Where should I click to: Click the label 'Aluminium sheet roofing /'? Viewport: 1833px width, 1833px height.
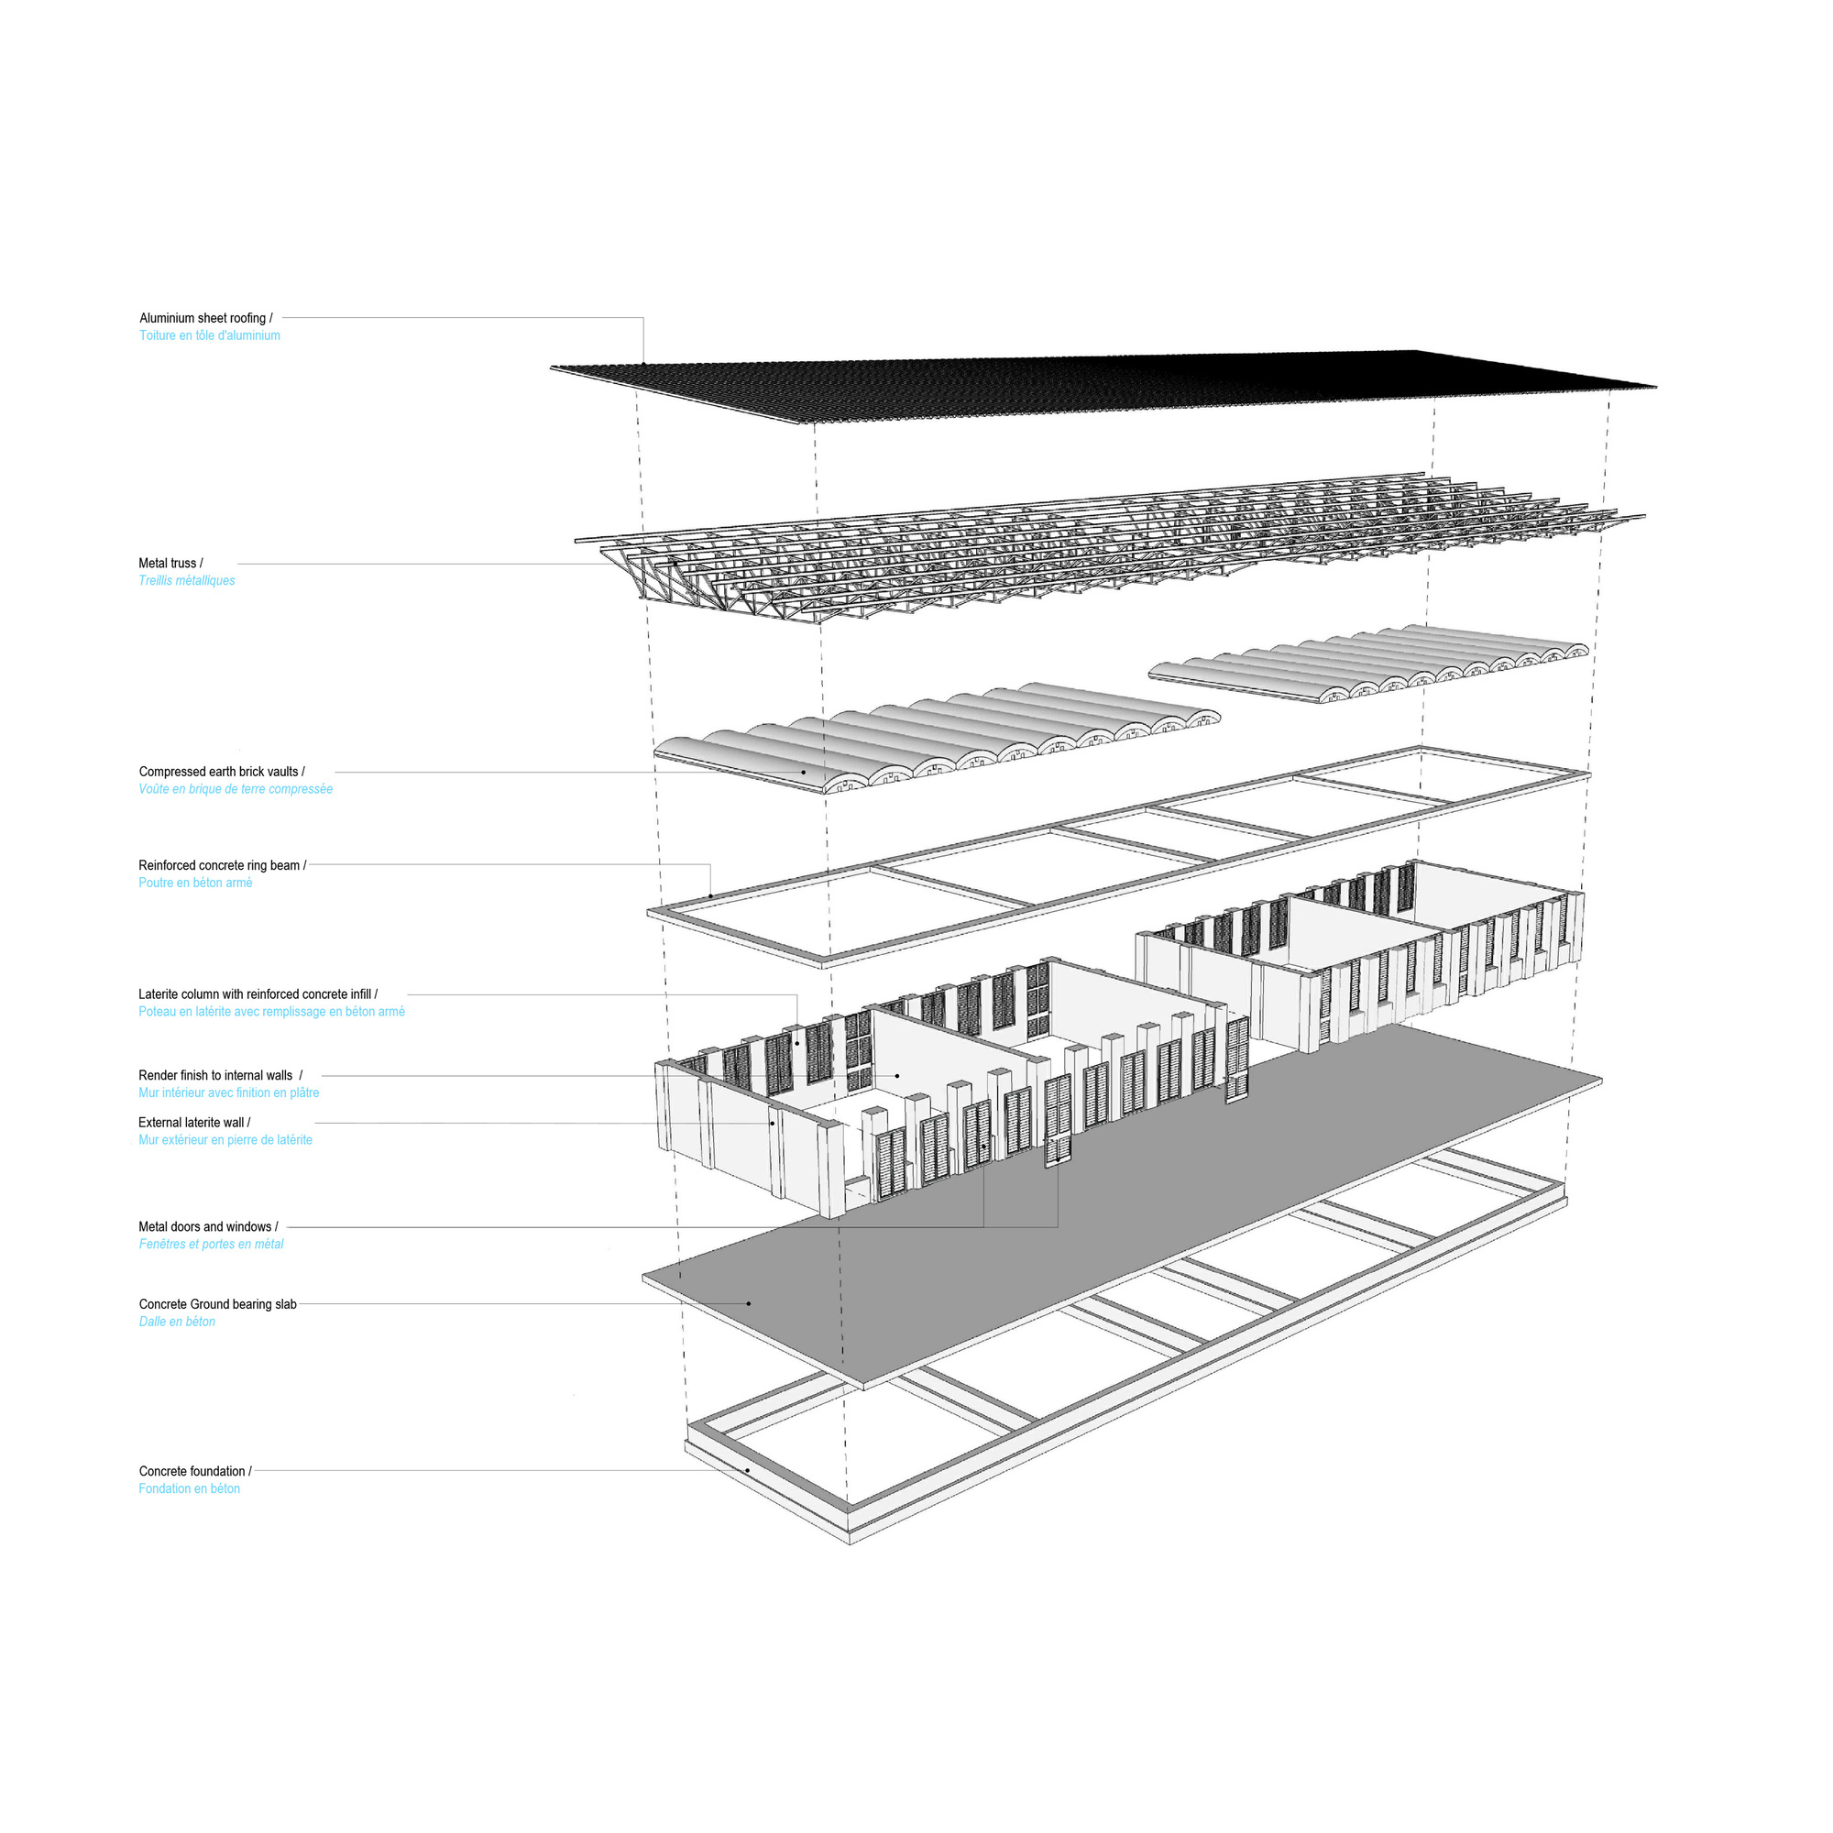[x=206, y=319]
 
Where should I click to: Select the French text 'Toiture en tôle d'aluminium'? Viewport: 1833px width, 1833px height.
[x=210, y=335]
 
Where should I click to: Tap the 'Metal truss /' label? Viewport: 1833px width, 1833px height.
[x=170, y=564]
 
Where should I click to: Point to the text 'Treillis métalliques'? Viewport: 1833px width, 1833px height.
[x=187, y=581]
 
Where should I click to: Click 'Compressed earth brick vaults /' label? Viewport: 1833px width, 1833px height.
[x=222, y=773]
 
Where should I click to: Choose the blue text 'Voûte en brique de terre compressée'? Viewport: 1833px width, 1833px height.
[x=236, y=789]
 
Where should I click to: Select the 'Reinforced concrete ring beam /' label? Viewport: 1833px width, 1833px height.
[x=223, y=866]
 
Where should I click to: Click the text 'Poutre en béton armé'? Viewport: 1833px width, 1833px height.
[x=195, y=884]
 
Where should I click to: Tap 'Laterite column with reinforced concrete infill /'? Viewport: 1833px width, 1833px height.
[x=258, y=995]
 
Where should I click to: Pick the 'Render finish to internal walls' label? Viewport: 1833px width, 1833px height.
[x=215, y=1076]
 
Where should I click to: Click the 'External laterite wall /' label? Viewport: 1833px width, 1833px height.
[x=194, y=1124]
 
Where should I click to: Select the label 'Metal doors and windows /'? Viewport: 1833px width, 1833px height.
[x=209, y=1228]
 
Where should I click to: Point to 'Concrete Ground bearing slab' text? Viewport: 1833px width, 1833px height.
[x=218, y=1305]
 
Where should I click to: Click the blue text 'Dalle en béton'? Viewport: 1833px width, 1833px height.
[x=178, y=1323]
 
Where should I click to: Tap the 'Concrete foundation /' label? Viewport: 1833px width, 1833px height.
[x=195, y=1473]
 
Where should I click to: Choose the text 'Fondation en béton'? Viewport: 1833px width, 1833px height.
[x=190, y=1489]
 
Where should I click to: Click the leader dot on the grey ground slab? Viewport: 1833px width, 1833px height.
[x=749, y=1303]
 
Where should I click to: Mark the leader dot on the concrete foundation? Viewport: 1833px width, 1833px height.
[x=748, y=1472]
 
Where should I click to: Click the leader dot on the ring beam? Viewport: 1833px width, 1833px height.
[x=710, y=895]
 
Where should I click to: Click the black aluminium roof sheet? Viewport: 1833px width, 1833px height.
[x=1101, y=385]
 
